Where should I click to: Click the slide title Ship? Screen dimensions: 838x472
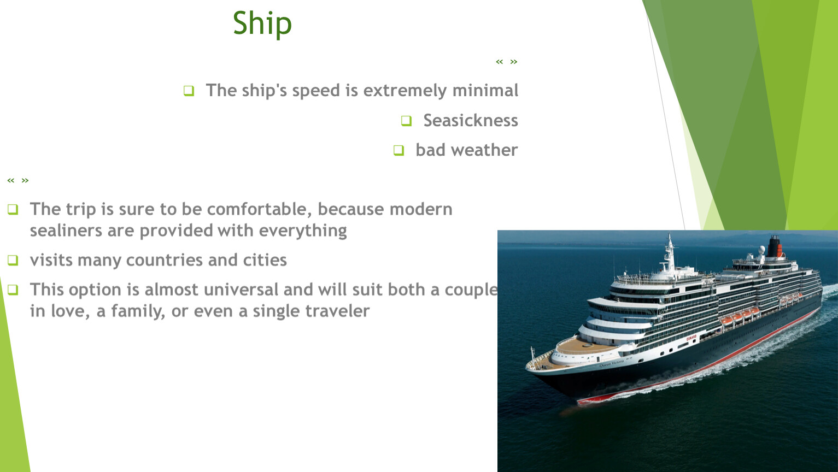(x=262, y=23)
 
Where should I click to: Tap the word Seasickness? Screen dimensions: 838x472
(x=471, y=120)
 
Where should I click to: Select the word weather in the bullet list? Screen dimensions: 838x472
(x=484, y=150)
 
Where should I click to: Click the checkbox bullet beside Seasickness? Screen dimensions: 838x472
(x=406, y=121)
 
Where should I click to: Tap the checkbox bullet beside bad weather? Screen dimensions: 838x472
(x=399, y=150)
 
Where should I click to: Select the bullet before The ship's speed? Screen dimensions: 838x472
(x=189, y=91)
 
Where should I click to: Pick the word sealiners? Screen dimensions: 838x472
(x=66, y=231)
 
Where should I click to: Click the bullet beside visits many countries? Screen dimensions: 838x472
(x=13, y=260)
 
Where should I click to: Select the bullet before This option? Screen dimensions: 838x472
(x=13, y=290)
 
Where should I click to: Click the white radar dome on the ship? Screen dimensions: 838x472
(x=761, y=250)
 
